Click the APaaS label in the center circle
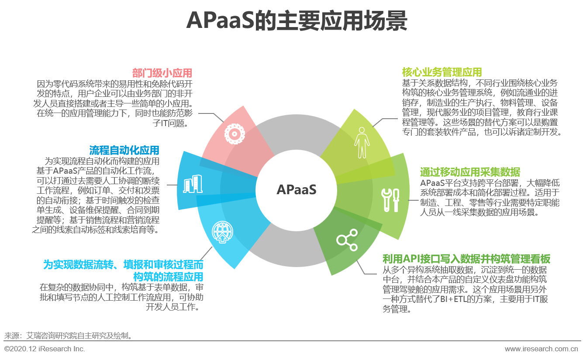coord(296,190)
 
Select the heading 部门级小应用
coord(162,72)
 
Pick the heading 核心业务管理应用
coord(442,72)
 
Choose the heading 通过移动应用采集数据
coord(470,172)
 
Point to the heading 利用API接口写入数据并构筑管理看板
coord(466,258)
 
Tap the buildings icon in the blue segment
coord(193,185)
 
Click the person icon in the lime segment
coord(361,143)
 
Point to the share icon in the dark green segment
coord(347,239)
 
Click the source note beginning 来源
coord(69,336)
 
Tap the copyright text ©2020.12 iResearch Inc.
coord(45,349)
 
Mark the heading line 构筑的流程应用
coord(168,276)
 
